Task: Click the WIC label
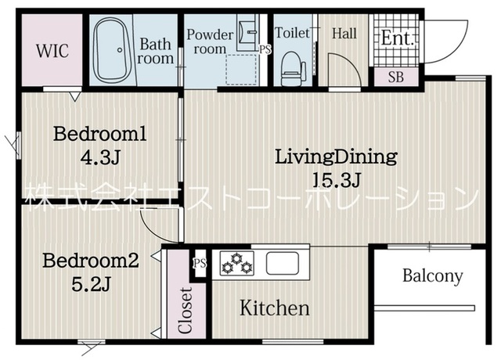coord(52,50)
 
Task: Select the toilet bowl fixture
coord(292,70)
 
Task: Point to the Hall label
coord(344,33)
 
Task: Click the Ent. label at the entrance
coord(398,38)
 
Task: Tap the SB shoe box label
coord(396,77)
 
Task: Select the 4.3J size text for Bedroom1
coord(100,157)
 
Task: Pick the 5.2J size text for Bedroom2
coord(91,284)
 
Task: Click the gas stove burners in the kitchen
coord(236,263)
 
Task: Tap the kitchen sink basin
coord(283,263)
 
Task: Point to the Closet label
coord(186,311)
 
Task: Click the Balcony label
coord(433,275)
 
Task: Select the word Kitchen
coord(275,308)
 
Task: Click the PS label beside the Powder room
coord(265,49)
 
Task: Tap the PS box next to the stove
coord(200,264)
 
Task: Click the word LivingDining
coord(336,157)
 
